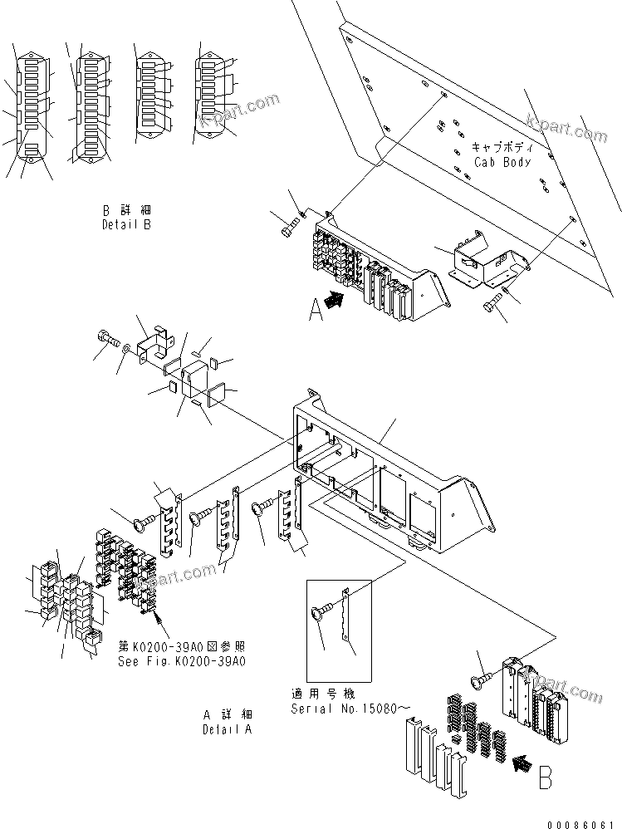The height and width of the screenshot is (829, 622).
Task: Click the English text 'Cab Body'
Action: (502, 162)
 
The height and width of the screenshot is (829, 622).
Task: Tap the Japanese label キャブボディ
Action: (503, 146)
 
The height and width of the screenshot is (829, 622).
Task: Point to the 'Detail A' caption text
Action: (228, 728)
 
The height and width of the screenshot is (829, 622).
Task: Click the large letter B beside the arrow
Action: (545, 778)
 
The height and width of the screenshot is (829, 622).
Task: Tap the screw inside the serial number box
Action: (321, 615)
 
